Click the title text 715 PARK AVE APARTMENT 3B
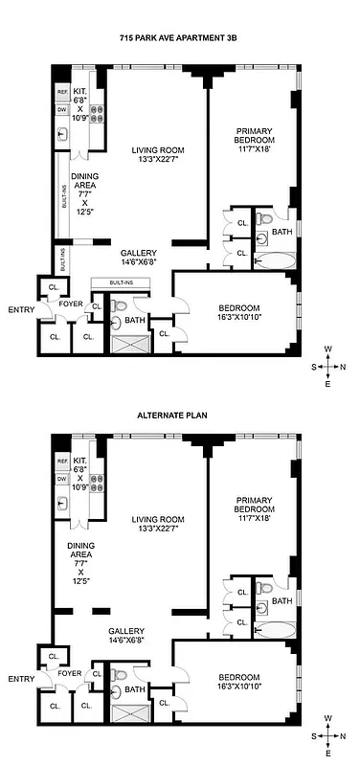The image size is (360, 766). [180, 35]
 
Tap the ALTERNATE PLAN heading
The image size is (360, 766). [180, 416]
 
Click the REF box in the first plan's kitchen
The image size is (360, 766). [63, 93]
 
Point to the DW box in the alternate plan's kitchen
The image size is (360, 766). [63, 479]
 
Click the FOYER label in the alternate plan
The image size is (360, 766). [67, 673]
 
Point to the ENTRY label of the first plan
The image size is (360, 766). [20, 309]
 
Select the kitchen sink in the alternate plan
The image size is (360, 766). [63, 505]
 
